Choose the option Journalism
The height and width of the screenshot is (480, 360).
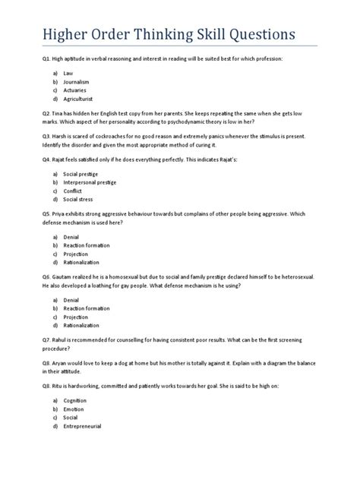[77, 81]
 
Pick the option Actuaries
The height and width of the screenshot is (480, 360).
[76, 90]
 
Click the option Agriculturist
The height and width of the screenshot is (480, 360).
[80, 99]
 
